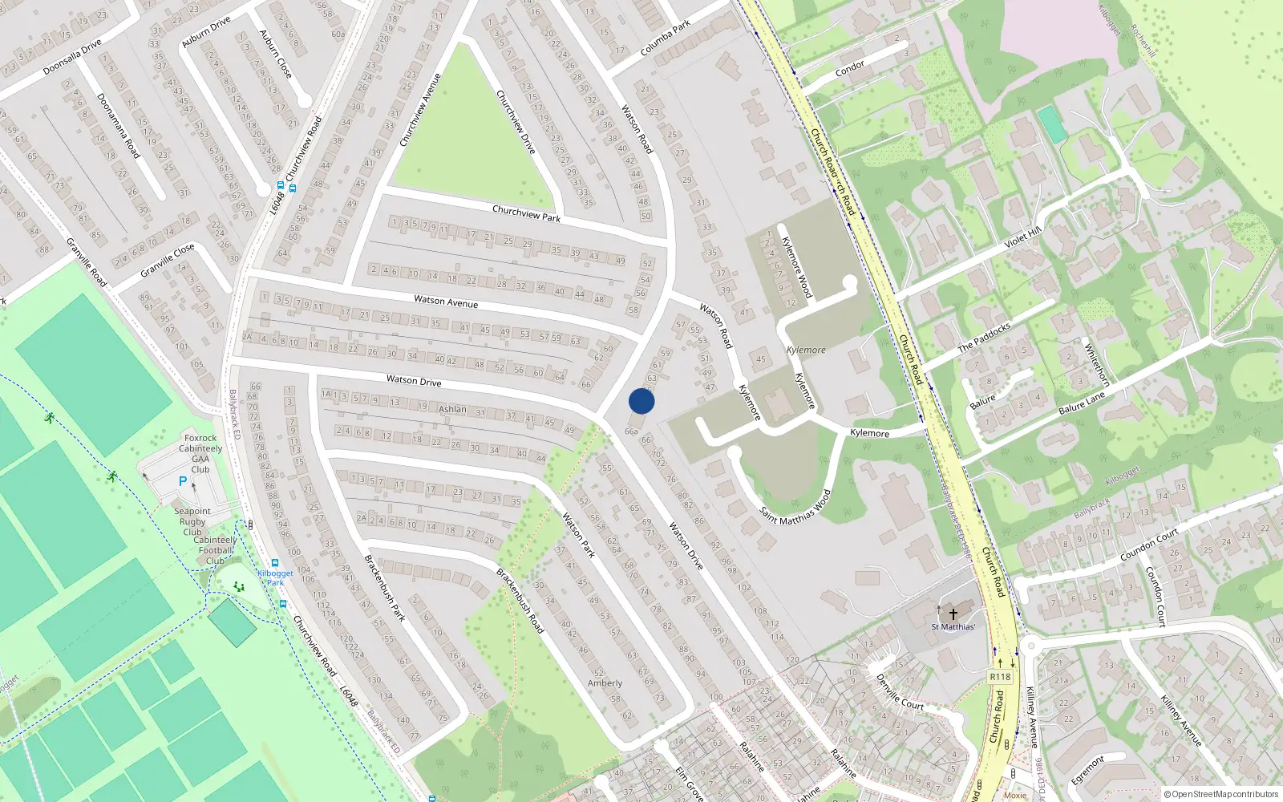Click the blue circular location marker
[x=641, y=401]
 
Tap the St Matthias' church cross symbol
[x=953, y=614]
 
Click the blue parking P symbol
[x=183, y=481]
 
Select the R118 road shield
[x=1000, y=677]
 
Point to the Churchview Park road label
[x=526, y=213]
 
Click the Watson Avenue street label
[x=446, y=302]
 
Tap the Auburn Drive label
[x=206, y=31]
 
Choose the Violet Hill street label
[x=1022, y=237]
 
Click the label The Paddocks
[x=984, y=337]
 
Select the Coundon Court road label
[x=1149, y=545]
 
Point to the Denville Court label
[x=900, y=692]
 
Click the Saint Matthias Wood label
[x=795, y=507]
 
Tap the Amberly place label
[x=605, y=683]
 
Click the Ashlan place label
[x=452, y=409]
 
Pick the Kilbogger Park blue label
[x=275, y=577]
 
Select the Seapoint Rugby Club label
[x=192, y=521]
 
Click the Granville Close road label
[x=167, y=261]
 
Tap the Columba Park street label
[x=666, y=38]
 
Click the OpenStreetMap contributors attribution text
[x=1220, y=794]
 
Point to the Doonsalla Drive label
[x=72, y=57]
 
